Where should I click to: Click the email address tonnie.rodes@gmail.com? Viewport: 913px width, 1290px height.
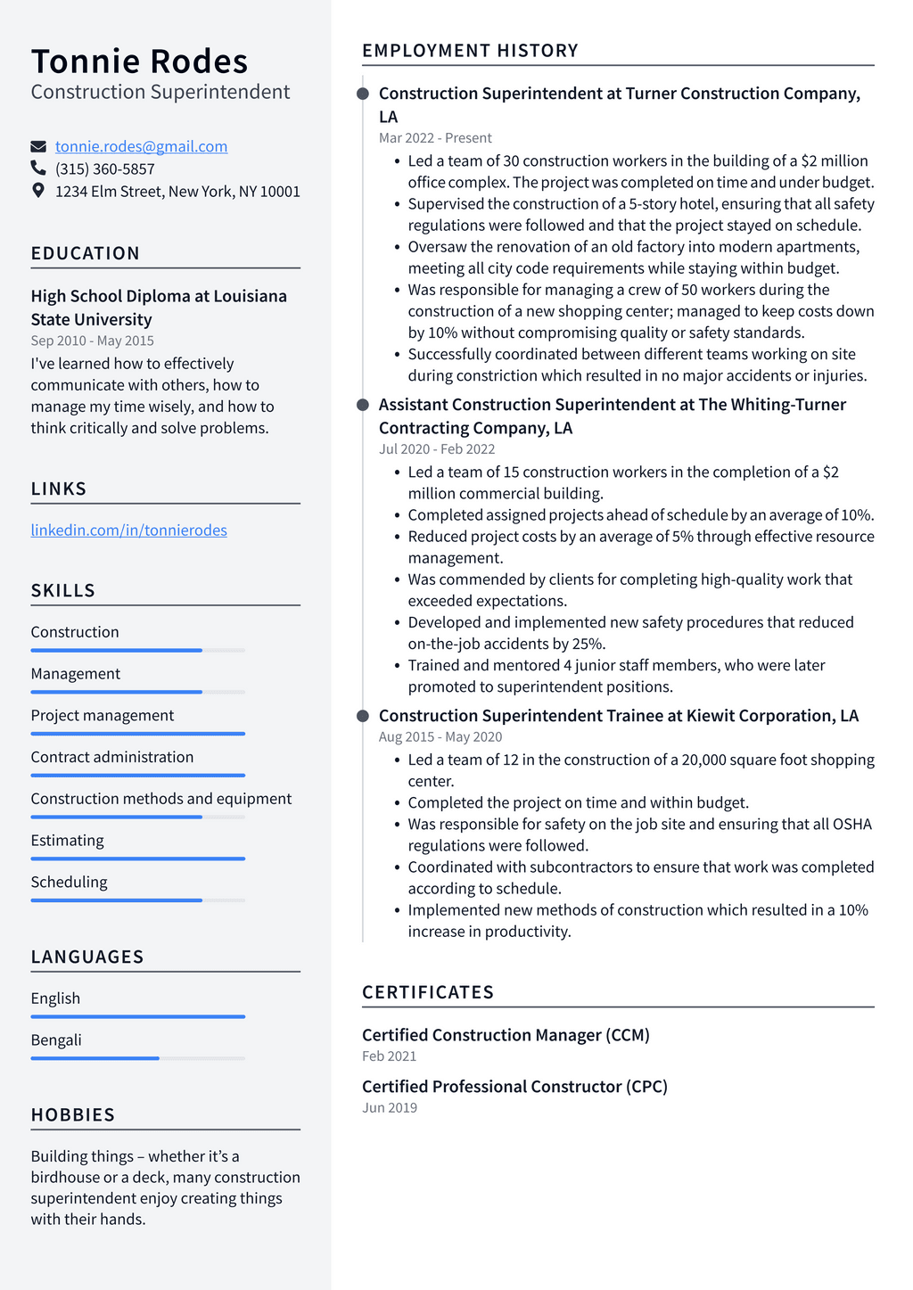pyautogui.click(x=141, y=146)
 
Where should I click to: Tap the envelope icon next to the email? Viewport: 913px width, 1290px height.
pyautogui.click(x=38, y=146)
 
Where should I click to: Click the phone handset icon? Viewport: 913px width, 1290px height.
pyautogui.click(x=38, y=168)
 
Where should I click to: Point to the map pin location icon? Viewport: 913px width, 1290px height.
pyautogui.click(x=38, y=190)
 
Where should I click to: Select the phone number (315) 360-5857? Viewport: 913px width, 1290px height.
pyautogui.click(x=105, y=168)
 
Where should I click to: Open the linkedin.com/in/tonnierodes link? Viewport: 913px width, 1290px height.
pyautogui.click(x=128, y=530)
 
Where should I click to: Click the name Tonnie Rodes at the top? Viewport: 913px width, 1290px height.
pyautogui.click(x=139, y=62)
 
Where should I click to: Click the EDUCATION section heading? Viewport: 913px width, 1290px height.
pyautogui.click(x=85, y=253)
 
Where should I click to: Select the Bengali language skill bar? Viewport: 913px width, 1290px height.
pyautogui.click(x=137, y=1058)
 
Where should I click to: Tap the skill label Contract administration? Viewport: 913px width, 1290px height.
pyautogui.click(x=111, y=757)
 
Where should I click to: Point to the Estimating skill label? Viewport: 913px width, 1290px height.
pyautogui.click(x=67, y=841)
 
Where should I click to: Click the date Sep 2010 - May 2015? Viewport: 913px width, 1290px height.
pyautogui.click(x=92, y=341)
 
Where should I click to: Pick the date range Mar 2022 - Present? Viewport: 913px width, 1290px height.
pyautogui.click(x=435, y=138)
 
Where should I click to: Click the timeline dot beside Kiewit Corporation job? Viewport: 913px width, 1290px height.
pyautogui.click(x=363, y=716)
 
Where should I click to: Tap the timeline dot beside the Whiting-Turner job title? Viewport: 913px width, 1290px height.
pyautogui.click(x=363, y=405)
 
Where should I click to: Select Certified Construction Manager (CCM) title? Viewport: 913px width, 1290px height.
pyautogui.click(x=506, y=1035)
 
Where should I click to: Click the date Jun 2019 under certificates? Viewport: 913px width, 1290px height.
pyautogui.click(x=389, y=1108)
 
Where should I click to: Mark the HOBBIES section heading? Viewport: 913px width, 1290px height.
pyautogui.click(x=73, y=1115)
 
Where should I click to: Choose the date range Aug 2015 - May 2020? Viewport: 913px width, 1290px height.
pyautogui.click(x=440, y=737)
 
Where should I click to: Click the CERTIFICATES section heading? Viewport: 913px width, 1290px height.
pyautogui.click(x=428, y=992)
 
